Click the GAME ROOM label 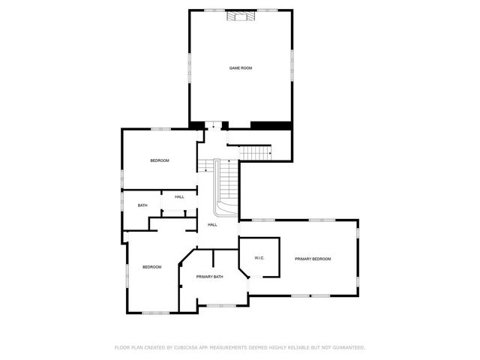240,68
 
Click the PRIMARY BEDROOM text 313,259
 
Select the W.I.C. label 259,258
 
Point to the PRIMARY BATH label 209,277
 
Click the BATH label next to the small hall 142,205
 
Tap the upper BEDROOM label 159,160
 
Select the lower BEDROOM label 152,267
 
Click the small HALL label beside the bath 179,197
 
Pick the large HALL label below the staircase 212,225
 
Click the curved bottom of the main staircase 224,204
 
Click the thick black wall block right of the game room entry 271,124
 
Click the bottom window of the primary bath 220,305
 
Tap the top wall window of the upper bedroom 159,129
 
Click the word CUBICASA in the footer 191,348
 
